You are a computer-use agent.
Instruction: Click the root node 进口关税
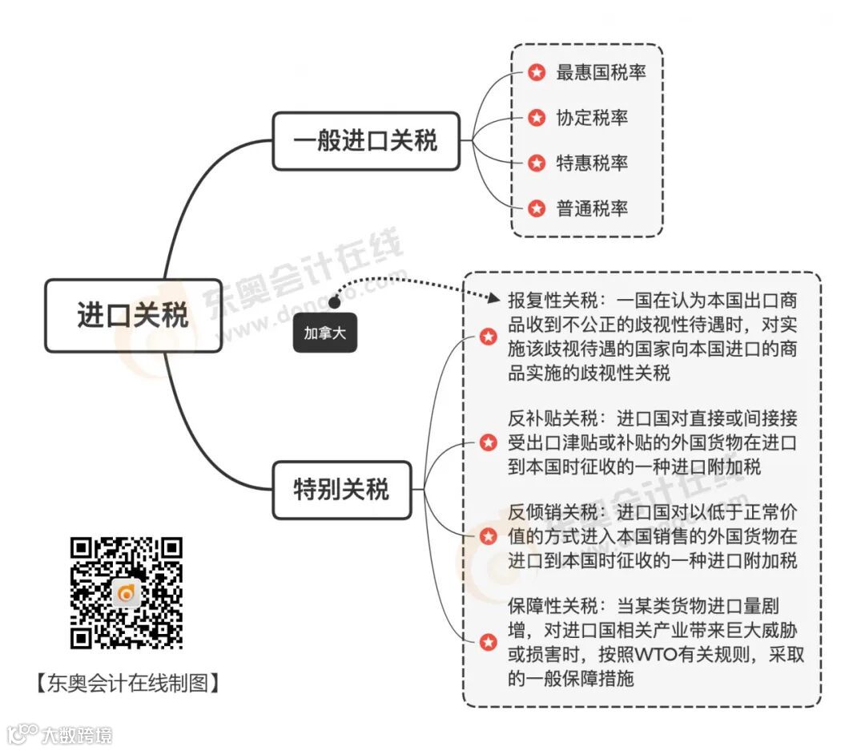click(x=133, y=315)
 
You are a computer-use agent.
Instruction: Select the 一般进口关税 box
click(x=366, y=142)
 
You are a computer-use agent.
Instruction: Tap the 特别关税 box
click(x=341, y=489)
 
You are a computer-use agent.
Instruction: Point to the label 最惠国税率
click(x=601, y=73)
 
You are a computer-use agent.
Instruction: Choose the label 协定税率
click(x=592, y=119)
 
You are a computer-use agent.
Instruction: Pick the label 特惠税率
click(x=592, y=164)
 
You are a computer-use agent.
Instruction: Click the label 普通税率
click(x=592, y=209)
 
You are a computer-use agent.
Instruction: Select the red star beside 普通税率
click(x=537, y=209)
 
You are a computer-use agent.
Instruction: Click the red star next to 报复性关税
click(x=488, y=337)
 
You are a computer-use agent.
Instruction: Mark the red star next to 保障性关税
click(x=488, y=641)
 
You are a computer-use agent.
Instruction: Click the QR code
click(x=127, y=593)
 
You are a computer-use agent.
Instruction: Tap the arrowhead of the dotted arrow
click(x=493, y=300)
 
